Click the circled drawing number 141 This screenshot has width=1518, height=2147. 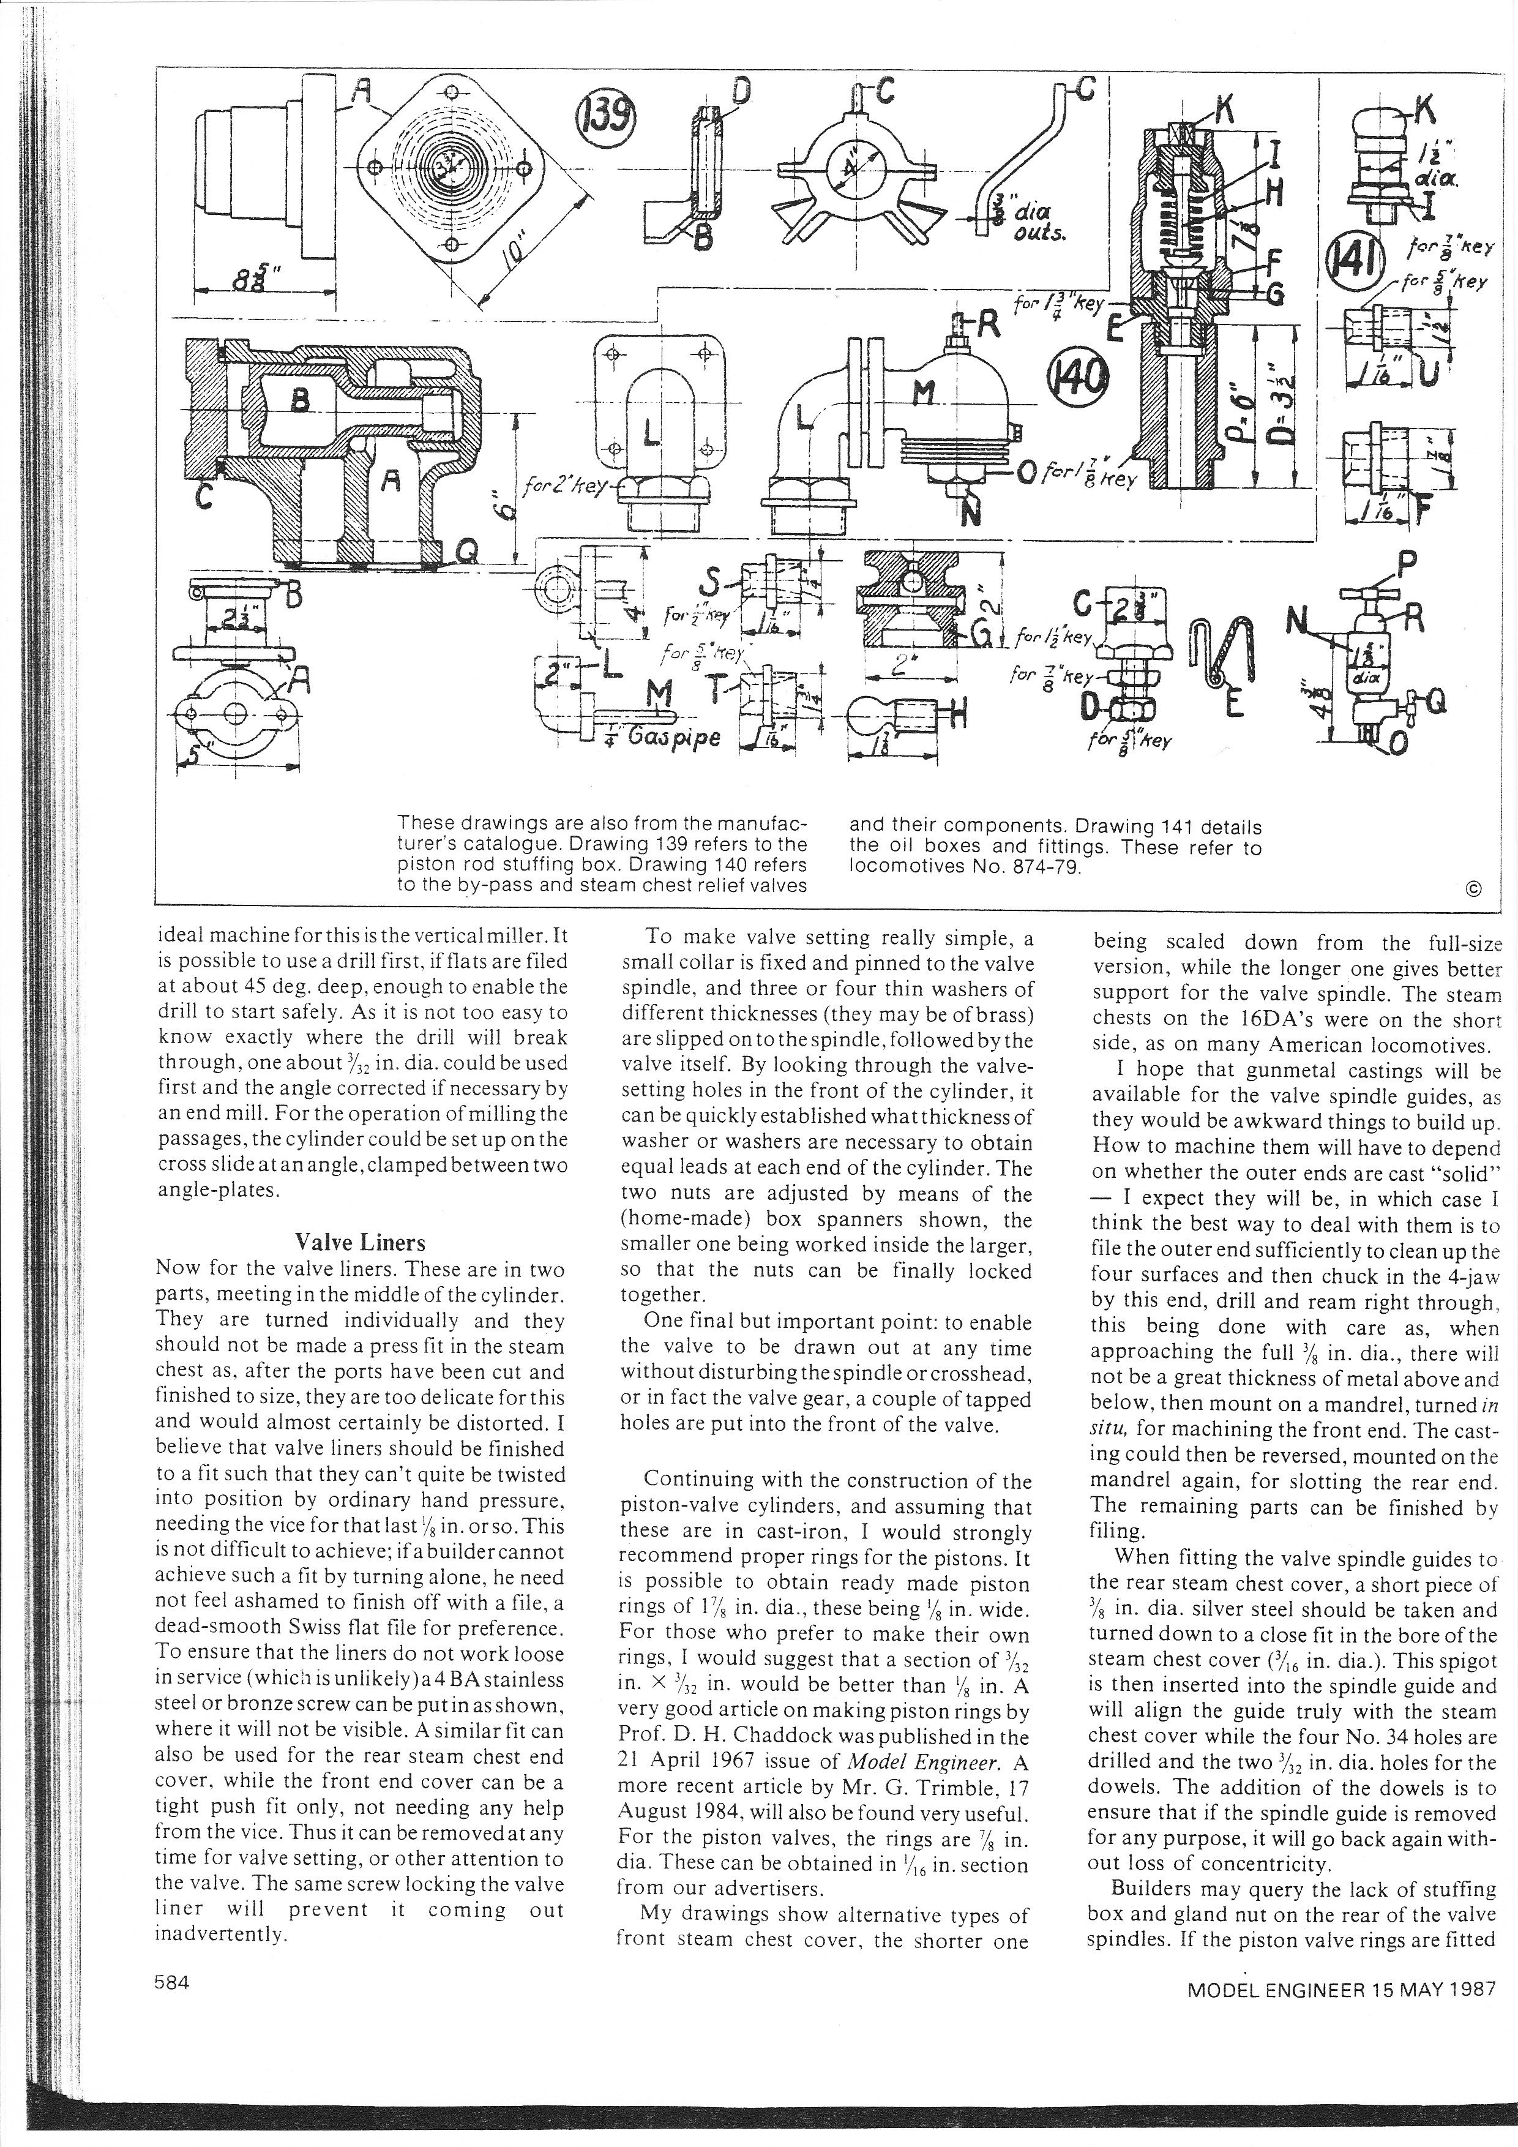click(1345, 264)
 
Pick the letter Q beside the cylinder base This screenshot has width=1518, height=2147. click(465, 557)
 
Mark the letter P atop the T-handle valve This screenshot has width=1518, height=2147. click(1406, 565)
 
